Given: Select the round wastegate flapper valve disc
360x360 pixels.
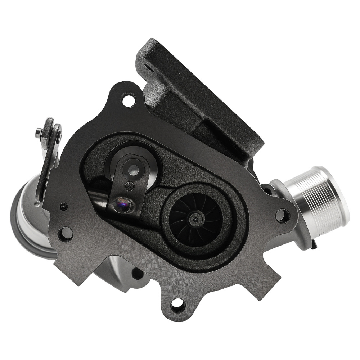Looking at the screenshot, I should coord(134,167).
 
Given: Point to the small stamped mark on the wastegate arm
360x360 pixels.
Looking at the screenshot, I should coord(127,186).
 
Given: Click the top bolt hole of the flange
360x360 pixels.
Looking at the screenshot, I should coord(128,99).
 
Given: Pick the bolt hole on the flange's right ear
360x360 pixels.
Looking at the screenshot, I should coord(282,216).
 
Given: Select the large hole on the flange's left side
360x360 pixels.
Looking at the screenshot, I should coord(66,234).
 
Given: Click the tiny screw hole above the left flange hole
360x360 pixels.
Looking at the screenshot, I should coord(64,207).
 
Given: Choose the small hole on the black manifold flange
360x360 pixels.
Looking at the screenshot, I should coord(147,67).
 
